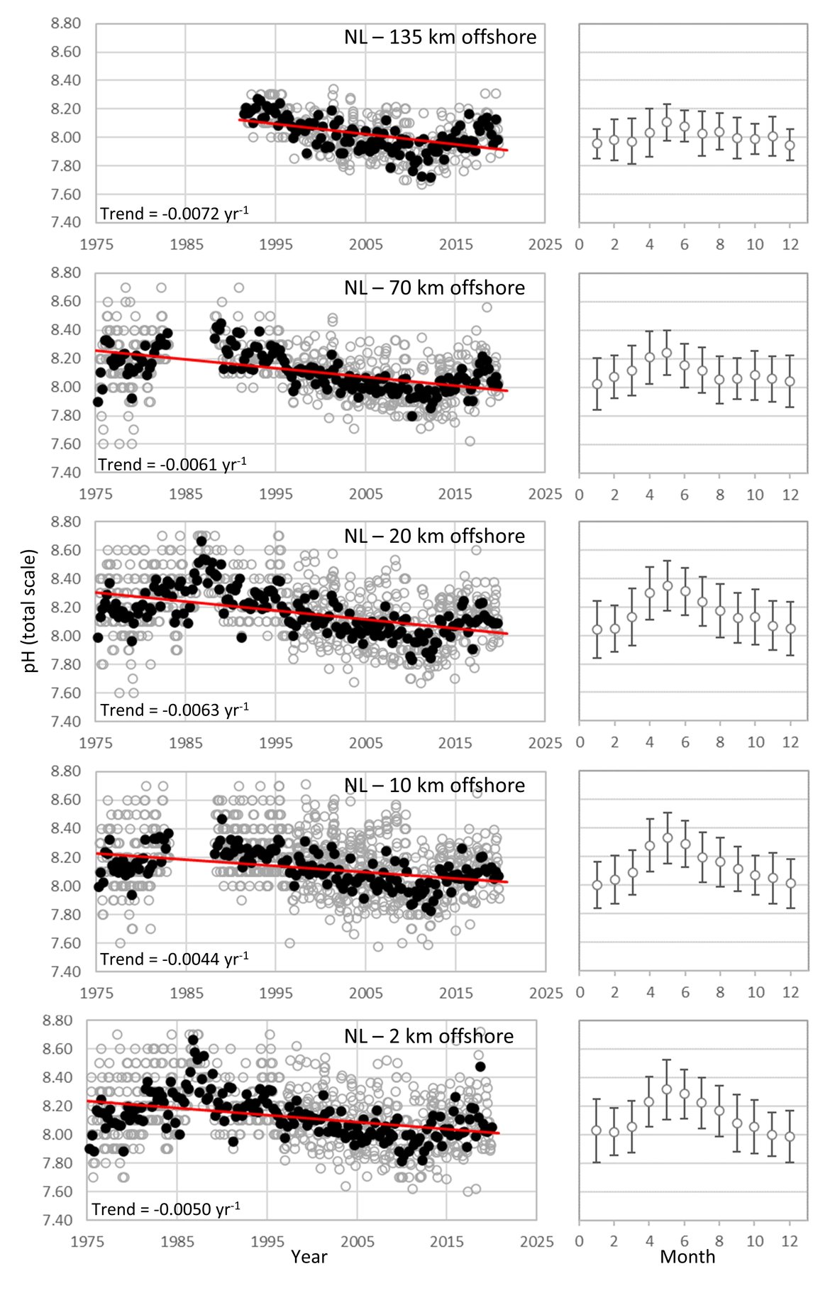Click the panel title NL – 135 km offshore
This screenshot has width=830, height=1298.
click(440, 37)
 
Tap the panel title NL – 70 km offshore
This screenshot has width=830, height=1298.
click(434, 287)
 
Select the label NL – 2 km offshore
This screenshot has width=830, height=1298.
click(428, 1036)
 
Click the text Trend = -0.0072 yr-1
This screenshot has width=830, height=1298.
click(174, 213)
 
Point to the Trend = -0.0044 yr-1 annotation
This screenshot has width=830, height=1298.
click(174, 959)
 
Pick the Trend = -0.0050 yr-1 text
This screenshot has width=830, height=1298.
click(165, 1209)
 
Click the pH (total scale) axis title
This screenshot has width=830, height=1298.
click(30, 610)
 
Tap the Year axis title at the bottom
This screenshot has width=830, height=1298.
click(309, 1256)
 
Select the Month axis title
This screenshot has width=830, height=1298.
click(687, 1256)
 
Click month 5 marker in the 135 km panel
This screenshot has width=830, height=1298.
click(667, 122)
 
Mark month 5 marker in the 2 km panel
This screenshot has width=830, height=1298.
click(667, 1089)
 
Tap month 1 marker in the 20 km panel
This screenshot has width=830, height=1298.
click(597, 629)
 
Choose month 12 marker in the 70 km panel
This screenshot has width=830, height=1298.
click(790, 381)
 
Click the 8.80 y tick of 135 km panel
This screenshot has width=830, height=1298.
click(66, 23)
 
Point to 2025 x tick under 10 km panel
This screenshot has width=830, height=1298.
click(546, 992)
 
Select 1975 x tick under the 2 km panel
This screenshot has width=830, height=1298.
click(87, 1241)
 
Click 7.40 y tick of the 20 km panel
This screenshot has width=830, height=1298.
click(66, 721)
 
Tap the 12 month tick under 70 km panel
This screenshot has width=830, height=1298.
click(790, 495)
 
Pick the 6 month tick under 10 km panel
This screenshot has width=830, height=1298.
click(685, 992)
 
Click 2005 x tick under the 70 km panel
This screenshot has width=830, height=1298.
click(365, 494)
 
